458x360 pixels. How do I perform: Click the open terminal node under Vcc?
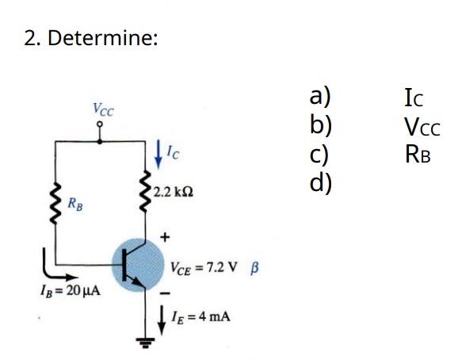99,132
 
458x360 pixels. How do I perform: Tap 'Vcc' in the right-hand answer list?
421,126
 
